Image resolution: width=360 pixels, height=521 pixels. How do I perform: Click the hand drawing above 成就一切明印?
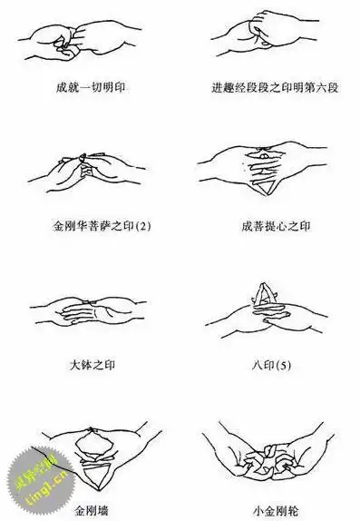(88, 41)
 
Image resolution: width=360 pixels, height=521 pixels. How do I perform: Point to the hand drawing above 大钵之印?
(91, 314)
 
